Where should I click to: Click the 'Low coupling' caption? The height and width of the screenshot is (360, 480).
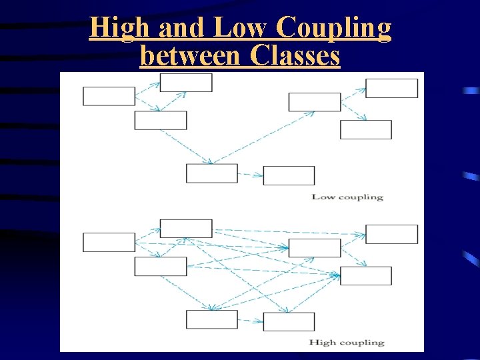347,197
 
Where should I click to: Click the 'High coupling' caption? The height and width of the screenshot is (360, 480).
347,342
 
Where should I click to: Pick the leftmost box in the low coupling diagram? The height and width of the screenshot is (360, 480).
109,96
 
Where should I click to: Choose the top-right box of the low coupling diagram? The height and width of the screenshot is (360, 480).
391,88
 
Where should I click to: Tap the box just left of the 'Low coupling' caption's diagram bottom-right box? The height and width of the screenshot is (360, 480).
211,173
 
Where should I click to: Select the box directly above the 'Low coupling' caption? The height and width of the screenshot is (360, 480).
289,175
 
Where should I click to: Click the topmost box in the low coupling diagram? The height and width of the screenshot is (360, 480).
186,83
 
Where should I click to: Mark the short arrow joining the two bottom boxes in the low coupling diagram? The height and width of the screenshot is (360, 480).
250,175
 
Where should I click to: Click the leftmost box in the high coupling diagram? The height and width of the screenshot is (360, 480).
109,242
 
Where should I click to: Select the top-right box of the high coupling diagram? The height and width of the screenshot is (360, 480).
391,234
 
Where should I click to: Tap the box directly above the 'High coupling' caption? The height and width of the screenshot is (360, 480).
289,321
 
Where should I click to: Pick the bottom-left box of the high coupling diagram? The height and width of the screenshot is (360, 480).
211,319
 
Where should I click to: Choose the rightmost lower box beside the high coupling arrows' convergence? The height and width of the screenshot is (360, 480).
365,275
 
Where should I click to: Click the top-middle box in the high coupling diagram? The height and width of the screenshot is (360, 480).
186,228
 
